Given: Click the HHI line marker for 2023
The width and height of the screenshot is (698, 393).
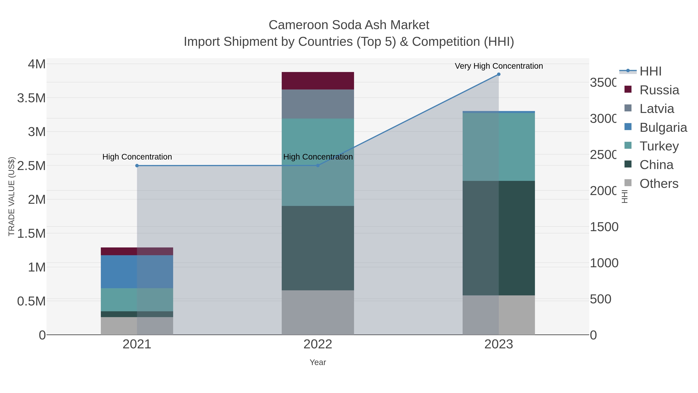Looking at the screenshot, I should [498, 74].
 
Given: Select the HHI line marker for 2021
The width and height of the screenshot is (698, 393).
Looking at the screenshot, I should [137, 166].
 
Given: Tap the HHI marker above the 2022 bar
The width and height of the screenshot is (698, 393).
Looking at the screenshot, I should [318, 165].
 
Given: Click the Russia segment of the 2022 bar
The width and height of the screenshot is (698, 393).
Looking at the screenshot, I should [318, 81].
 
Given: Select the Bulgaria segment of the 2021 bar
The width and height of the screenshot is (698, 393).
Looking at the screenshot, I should [137, 272].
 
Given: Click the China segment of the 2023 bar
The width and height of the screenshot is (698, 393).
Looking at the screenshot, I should [498, 238].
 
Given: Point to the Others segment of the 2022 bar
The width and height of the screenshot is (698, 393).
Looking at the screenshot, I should [318, 312].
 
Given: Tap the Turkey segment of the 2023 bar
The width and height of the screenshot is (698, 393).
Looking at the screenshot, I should [498, 147].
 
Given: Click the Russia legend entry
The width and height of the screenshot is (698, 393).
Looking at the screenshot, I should [659, 90].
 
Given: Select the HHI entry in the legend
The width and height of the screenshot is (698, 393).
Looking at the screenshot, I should [650, 71].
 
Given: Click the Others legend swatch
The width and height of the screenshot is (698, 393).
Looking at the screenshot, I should [628, 183].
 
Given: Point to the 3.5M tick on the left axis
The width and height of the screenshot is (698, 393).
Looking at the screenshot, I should [31, 98].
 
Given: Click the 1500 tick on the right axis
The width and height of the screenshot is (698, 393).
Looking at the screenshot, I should [604, 227].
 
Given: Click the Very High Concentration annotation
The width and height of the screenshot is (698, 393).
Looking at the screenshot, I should [498, 66].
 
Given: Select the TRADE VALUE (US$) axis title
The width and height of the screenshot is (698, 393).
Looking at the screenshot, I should [11, 196].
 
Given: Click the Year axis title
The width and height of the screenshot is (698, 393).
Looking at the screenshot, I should [318, 362].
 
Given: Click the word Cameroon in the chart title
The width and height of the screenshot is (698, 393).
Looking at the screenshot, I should [298, 25].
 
